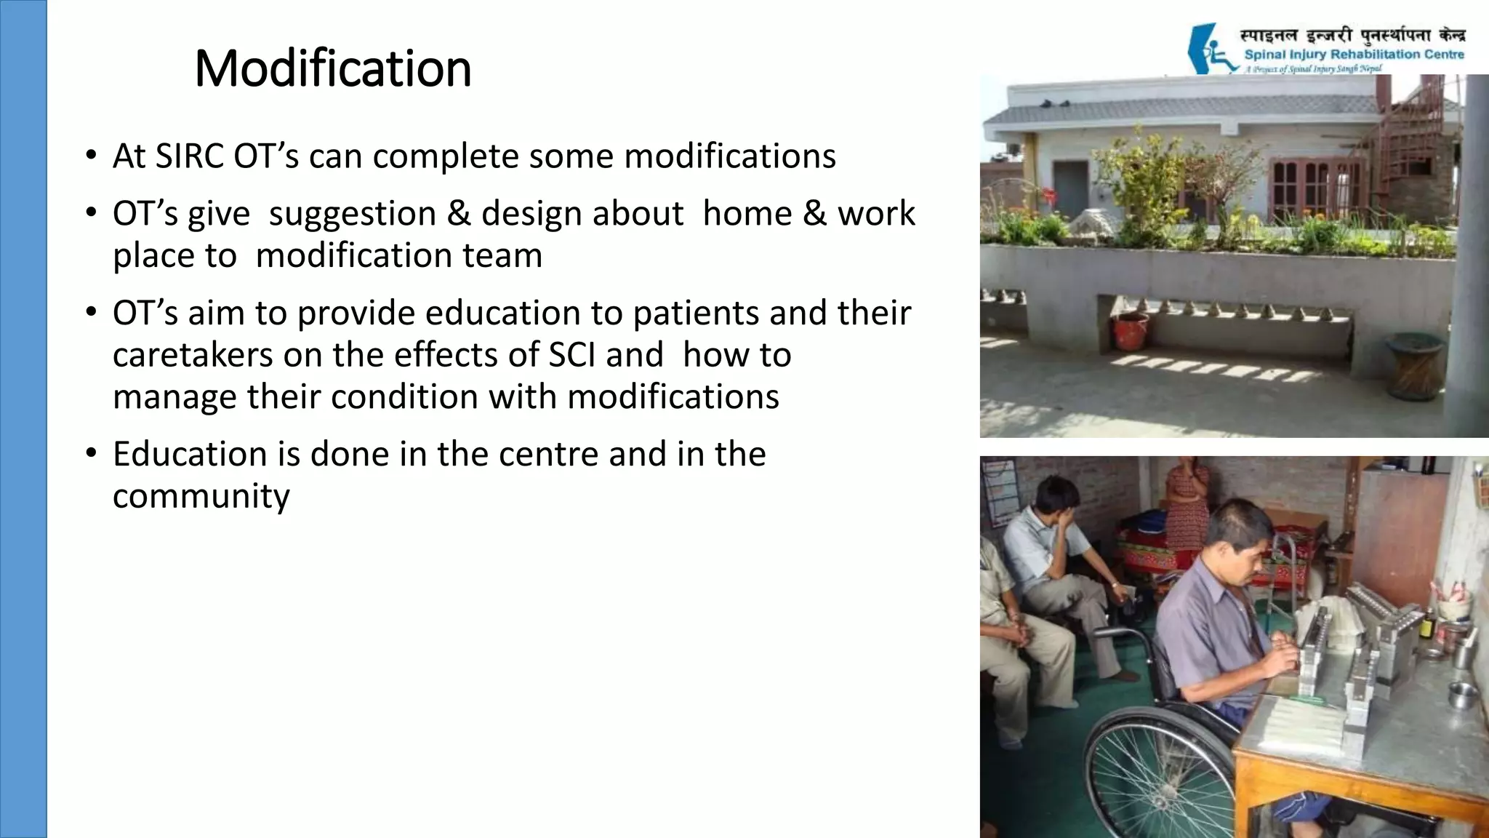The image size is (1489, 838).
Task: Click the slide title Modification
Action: click(333, 68)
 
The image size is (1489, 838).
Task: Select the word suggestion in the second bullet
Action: click(353, 214)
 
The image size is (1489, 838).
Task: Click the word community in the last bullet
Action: click(201, 497)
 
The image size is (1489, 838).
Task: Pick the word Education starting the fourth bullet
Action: click(190, 455)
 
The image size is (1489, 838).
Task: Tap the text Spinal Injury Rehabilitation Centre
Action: click(1354, 55)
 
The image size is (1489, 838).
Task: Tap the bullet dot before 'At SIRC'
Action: click(90, 155)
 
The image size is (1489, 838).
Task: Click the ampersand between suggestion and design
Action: click(459, 214)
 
